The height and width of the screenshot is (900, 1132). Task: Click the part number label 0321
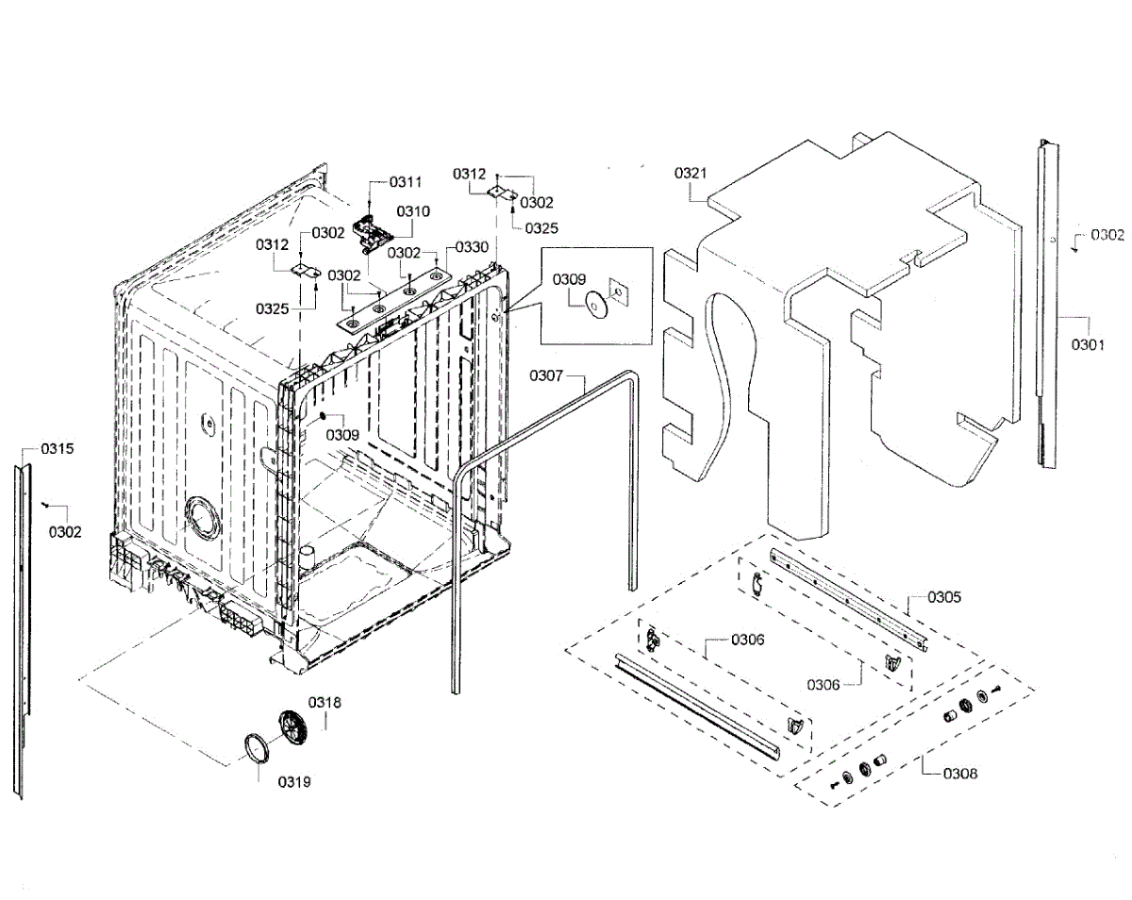click(x=691, y=174)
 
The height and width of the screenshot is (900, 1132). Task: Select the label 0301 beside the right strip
click(x=1087, y=344)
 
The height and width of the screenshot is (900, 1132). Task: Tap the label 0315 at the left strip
click(x=57, y=448)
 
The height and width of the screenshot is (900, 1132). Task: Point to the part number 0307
click(x=545, y=376)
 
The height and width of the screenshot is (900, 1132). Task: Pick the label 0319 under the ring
click(x=293, y=781)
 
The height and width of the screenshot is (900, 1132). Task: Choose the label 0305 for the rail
click(x=944, y=596)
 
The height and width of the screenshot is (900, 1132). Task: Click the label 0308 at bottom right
click(x=960, y=774)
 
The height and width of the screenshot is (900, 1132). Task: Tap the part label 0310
click(x=412, y=211)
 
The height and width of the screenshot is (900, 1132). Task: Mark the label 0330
click(x=472, y=247)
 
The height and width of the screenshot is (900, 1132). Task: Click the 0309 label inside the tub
click(x=342, y=435)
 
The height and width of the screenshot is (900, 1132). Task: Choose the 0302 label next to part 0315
click(x=65, y=532)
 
